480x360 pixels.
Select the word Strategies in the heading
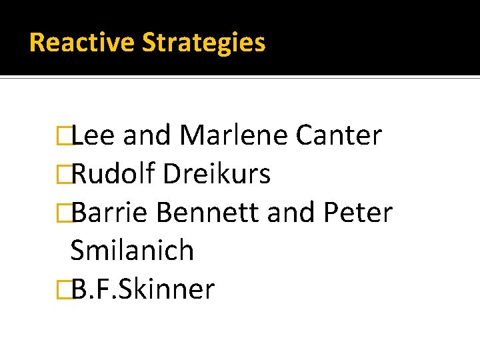(204, 43)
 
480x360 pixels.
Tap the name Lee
(93, 135)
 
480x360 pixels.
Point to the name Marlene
(234, 135)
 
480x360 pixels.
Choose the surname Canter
(339, 135)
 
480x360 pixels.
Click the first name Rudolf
(113, 174)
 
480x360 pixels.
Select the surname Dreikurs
(217, 174)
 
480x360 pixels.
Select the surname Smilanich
(132, 251)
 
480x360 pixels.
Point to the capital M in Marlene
(193, 135)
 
